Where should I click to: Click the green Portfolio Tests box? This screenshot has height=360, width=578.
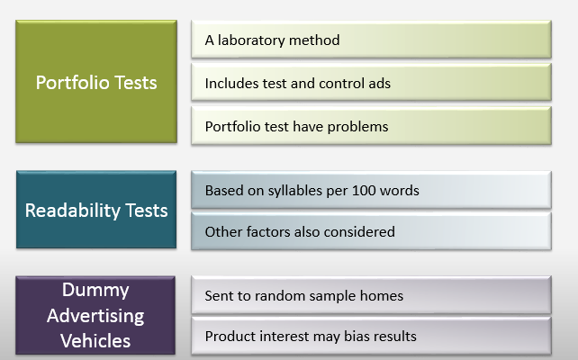tap(96, 83)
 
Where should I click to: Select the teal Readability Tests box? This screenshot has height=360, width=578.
tap(96, 211)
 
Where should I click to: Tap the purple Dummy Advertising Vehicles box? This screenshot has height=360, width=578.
tap(96, 315)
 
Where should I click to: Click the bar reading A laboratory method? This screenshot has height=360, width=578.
tap(371, 40)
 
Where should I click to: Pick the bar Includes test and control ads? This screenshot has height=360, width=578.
tap(371, 84)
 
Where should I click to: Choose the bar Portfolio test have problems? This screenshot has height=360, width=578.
tap(371, 126)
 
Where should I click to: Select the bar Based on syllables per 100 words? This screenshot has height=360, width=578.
tap(371, 191)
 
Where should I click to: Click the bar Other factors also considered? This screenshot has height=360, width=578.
tap(371, 231)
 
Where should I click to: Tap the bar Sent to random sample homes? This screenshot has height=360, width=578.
tap(371, 295)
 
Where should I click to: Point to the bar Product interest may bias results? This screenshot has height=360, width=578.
tap(371, 337)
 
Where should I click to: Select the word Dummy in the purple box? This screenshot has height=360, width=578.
tap(96, 291)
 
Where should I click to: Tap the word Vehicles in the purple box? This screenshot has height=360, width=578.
tap(96, 340)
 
